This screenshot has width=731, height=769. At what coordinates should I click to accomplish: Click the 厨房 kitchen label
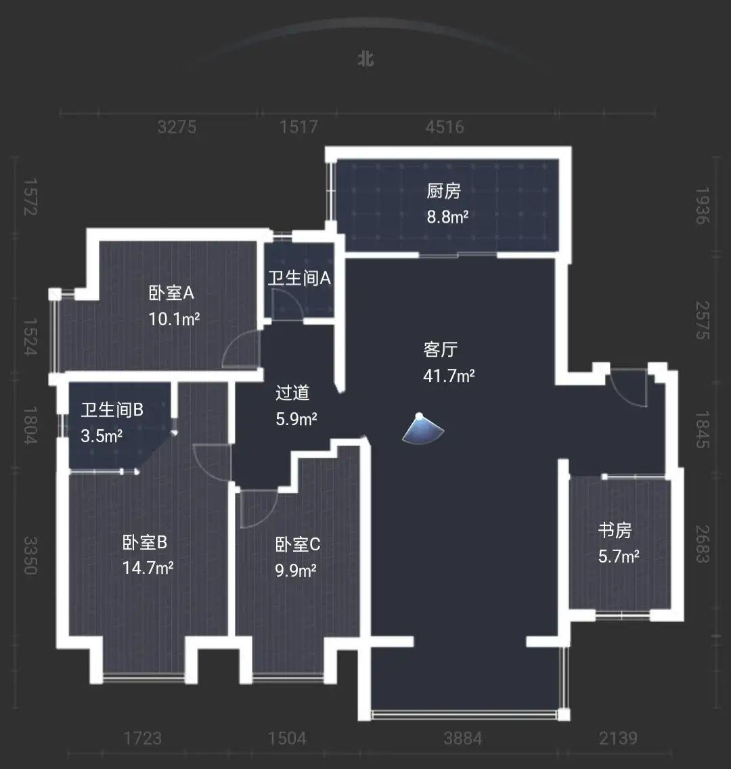[x=444, y=191]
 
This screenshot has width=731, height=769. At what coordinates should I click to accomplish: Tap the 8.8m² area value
[x=447, y=217]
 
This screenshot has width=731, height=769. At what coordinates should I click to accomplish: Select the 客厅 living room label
[x=440, y=349]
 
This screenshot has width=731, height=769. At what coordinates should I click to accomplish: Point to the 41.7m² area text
[x=449, y=376]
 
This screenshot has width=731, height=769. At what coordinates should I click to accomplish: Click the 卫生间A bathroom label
[x=299, y=278]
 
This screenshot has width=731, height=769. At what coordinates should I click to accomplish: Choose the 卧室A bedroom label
[x=171, y=293]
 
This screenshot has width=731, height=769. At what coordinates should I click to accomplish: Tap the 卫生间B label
[x=112, y=410]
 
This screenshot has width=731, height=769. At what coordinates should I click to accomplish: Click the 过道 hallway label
[x=292, y=393]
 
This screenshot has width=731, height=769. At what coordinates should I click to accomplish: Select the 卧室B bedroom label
[x=145, y=542]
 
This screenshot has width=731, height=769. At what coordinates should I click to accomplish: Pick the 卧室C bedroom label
[x=298, y=544]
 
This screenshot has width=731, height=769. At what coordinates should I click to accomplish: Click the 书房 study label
[x=615, y=530]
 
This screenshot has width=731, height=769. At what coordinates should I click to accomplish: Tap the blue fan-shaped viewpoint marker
[x=422, y=430]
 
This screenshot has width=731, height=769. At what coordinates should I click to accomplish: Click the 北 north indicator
[x=365, y=60]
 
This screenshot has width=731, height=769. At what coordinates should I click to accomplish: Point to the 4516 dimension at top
[x=444, y=127]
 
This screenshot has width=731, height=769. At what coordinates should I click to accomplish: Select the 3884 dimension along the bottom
[x=462, y=738]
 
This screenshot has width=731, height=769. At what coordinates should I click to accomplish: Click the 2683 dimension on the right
[x=703, y=544]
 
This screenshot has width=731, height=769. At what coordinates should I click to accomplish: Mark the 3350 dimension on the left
[x=30, y=555]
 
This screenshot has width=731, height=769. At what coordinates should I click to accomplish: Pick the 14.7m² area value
[x=148, y=568]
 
